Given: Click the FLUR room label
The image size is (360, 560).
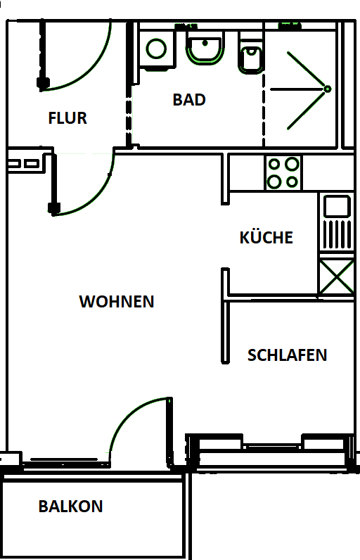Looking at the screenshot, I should pyautogui.click(x=67, y=118).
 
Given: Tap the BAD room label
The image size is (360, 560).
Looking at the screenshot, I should pyautogui.click(x=189, y=100).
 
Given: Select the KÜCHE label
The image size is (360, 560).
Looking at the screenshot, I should pyautogui.click(x=266, y=238).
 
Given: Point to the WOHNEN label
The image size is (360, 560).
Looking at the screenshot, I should pyautogui.click(x=117, y=302).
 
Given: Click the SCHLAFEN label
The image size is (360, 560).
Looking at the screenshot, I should pyautogui.click(x=287, y=355).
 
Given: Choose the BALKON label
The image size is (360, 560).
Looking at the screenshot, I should pyautogui.click(x=70, y=507).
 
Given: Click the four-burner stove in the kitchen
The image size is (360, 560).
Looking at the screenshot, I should pyautogui.click(x=283, y=173).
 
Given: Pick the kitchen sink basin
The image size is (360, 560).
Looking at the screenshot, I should pyautogui.click(x=336, y=206).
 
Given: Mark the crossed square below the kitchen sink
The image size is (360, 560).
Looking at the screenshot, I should pyautogui.click(x=335, y=276).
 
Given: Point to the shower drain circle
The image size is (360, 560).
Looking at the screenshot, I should pyautogui.click(x=327, y=89).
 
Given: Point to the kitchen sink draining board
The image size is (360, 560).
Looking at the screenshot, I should pyautogui.click(x=336, y=234).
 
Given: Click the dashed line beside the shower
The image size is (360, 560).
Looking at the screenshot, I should pyautogui.click(x=264, y=91).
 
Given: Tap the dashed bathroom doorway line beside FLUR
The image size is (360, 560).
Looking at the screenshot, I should pyautogui.click(x=128, y=116).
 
